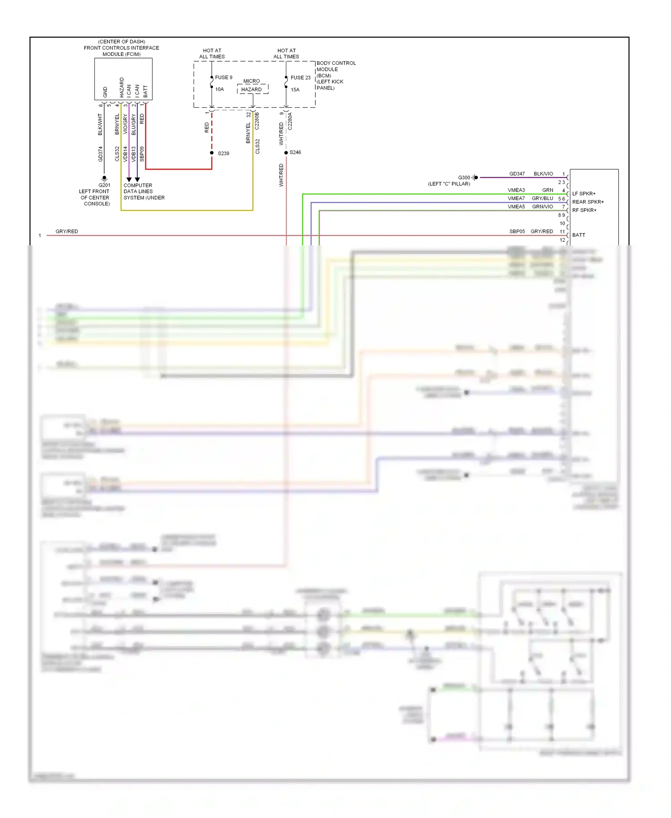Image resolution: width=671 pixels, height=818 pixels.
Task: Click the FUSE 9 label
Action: pyautogui.click(x=223, y=77)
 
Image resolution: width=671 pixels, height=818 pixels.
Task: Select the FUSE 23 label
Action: pyautogui.click(x=300, y=77)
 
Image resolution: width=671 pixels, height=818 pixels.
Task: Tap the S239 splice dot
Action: pyautogui.click(x=212, y=153)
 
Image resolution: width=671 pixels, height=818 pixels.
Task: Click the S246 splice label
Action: pyautogui.click(x=295, y=153)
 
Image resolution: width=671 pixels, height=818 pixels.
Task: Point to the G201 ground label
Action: pyautogui.click(x=104, y=185)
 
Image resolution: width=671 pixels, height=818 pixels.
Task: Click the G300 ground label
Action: pyautogui.click(x=464, y=178)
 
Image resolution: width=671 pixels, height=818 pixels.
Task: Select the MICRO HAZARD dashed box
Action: pyautogui.click(x=252, y=89)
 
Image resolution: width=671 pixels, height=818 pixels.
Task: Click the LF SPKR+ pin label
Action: pyautogui.click(x=584, y=194)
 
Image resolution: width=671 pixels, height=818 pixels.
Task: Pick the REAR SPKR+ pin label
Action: pyautogui.click(x=588, y=202)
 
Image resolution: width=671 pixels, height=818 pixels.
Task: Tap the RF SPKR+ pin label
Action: pyautogui.click(x=584, y=210)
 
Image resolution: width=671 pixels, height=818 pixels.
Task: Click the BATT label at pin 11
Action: pyautogui.click(x=578, y=235)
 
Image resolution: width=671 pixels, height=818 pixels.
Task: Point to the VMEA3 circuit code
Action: pyautogui.click(x=516, y=190)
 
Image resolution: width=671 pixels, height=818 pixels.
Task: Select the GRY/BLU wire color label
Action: pyautogui.click(x=542, y=198)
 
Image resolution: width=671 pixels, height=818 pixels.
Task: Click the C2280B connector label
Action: pyautogui.click(x=257, y=121)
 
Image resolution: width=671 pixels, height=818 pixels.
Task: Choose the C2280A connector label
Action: pyautogui.click(x=290, y=121)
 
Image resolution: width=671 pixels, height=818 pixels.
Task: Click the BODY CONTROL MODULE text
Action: pyautogui.click(x=336, y=66)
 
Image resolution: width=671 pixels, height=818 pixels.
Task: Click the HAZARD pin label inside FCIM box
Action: pyautogui.click(x=121, y=87)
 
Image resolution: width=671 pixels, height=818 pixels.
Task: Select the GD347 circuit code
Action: pyautogui.click(x=517, y=174)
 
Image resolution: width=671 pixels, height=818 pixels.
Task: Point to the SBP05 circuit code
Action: pyautogui.click(x=517, y=231)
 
